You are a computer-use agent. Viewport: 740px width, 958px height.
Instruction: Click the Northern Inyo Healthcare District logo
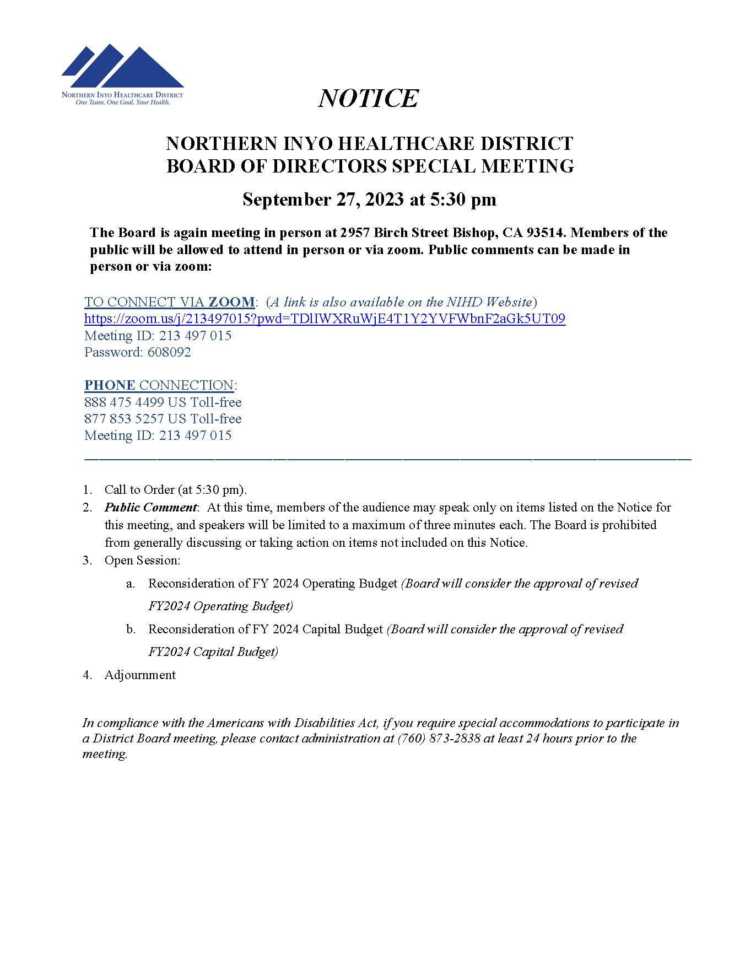(122, 74)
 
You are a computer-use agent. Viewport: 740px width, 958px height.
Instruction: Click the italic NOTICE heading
(369, 99)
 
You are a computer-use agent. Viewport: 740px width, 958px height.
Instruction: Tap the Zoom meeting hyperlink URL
(325, 319)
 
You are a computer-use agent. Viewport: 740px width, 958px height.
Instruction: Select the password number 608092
(169, 352)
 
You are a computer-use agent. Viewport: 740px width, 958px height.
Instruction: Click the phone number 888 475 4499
(124, 402)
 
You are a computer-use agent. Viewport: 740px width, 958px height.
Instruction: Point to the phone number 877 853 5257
(124, 419)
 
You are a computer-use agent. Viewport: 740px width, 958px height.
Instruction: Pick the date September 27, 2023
(323, 200)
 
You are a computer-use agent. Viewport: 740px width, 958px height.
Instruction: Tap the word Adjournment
(140, 675)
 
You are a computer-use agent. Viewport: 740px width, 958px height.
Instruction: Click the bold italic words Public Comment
(150, 507)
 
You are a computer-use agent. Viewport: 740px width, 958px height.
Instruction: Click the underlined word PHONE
(110, 385)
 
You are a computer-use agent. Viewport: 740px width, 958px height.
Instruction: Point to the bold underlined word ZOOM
(231, 302)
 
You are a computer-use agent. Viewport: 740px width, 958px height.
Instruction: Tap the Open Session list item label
(142, 561)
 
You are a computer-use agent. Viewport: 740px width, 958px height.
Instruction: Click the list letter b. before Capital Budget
(131, 629)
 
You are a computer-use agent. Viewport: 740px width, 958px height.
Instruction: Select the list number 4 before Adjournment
(87, 675)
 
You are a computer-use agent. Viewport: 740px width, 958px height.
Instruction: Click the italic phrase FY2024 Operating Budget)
(220, 606)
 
